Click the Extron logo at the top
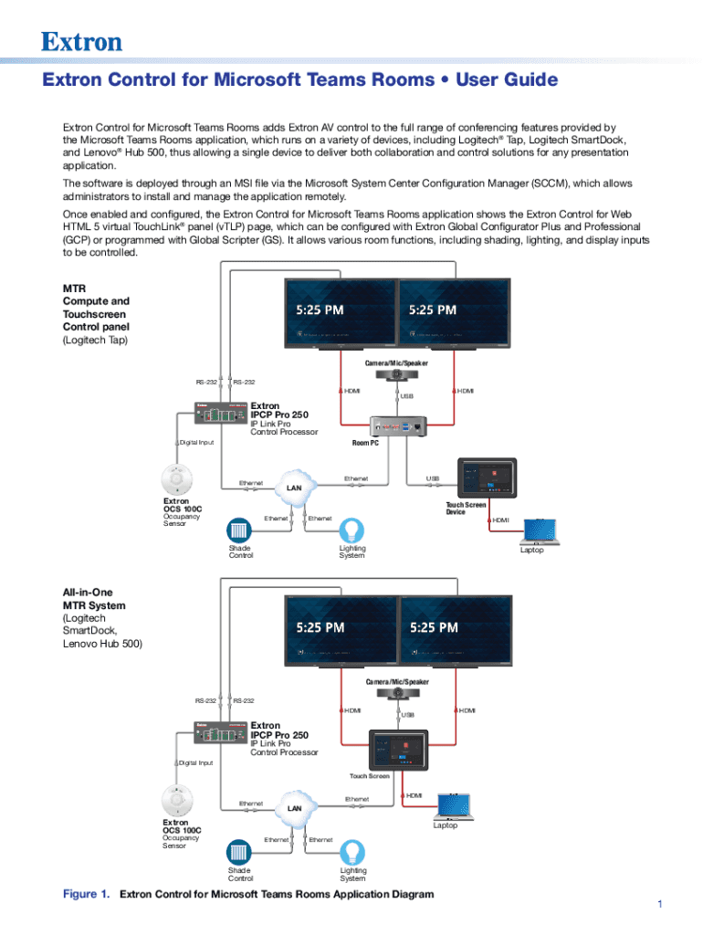click(81, 41)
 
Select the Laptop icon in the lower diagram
click(453, 805)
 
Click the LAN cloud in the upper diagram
click(294, 487)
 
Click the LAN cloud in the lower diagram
click(294, 807)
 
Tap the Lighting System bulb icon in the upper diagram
click(351, 531)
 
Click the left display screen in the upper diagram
click(341, 312)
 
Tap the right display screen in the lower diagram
click(454, 630)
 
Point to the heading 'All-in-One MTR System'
click(94, 599)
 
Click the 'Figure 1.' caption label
click(86, 894)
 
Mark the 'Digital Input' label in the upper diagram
click(196, 443)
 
